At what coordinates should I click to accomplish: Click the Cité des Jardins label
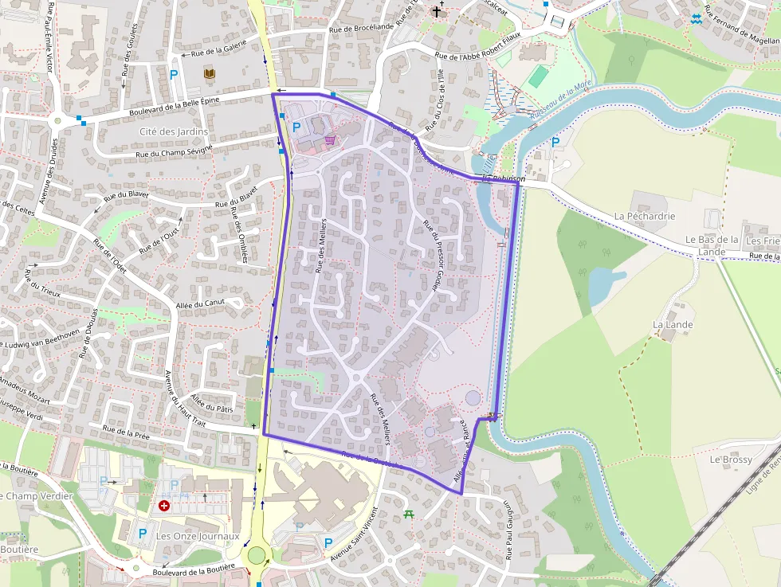click(173, 131)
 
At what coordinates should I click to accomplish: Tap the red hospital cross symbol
click(164, 505)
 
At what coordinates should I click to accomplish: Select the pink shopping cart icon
click(329, 140)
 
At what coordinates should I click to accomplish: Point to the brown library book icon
click(209, 74)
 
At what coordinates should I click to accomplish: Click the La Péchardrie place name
click(645, 216)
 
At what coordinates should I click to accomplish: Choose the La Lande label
click(673, 325)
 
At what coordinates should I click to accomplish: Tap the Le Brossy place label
click(730, 460)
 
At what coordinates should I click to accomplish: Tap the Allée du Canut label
click(200, 303)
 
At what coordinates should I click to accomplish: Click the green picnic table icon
click(410, 515)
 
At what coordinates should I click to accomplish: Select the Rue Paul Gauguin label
click(507, 530)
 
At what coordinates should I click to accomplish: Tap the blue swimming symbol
click(697, 18)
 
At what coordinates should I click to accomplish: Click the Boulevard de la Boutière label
click(193, 569)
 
